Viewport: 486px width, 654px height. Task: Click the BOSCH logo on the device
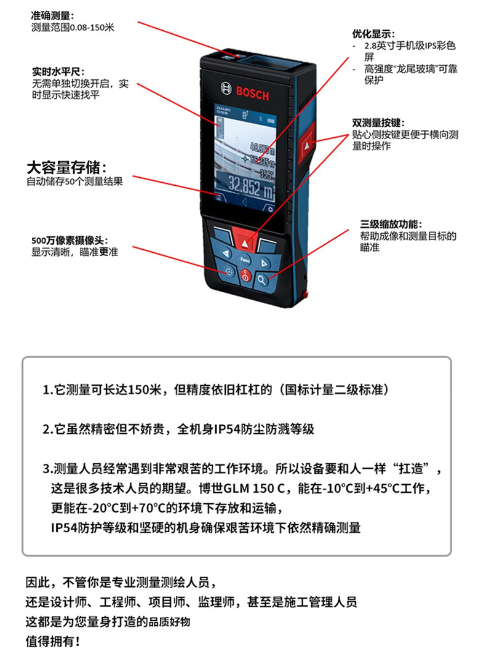[x=245, y=90]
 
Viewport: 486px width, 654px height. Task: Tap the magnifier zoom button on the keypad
[x=261, y=280]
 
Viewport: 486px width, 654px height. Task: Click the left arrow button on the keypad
[x=225, y=253]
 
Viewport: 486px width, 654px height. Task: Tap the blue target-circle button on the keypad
[x=228, y=271]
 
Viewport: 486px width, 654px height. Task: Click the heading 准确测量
[x=52, y=16]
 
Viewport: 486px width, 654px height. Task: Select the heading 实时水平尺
[x=58, y=72]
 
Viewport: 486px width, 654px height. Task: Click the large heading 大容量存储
[x=66, y=167]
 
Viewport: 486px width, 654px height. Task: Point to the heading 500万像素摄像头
[x=70, y=241]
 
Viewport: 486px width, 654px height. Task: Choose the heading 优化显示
[x=373, y=34]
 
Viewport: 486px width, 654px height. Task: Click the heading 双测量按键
[x=378, y=122]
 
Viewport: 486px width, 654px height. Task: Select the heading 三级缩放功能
[x=391, y=225]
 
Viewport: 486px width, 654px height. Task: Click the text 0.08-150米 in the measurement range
[x=92, y=28]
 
